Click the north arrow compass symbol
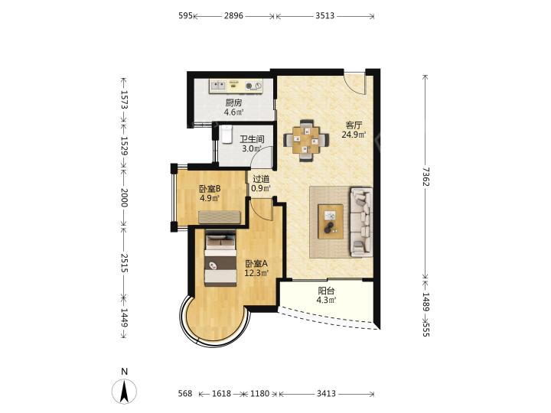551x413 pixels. coord(124,391)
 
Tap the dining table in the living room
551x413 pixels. coord(306,140)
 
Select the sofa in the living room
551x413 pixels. coord(361,222)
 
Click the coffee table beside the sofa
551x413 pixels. coord(331,222)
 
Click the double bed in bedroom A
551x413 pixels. coord(220,259)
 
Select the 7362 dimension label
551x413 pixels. coord(426,177)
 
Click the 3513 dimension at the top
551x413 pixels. coord(324,15)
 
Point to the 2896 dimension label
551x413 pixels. coord(233,15)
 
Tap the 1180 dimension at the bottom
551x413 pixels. coord(260,394)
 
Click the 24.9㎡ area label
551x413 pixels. coord(354,134)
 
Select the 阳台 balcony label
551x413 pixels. coord(327,291)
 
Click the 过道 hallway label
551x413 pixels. coord(261,179)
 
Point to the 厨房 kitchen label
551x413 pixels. coord(233,103)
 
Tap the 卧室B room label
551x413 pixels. coord(210,189)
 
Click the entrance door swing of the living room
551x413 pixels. coord(355,83)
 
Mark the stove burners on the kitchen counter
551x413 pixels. coord(253,86)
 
